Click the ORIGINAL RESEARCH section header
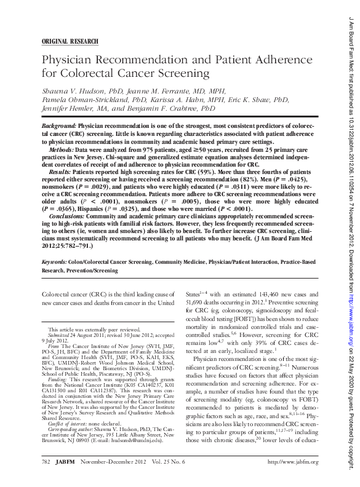(x=70, y=41)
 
